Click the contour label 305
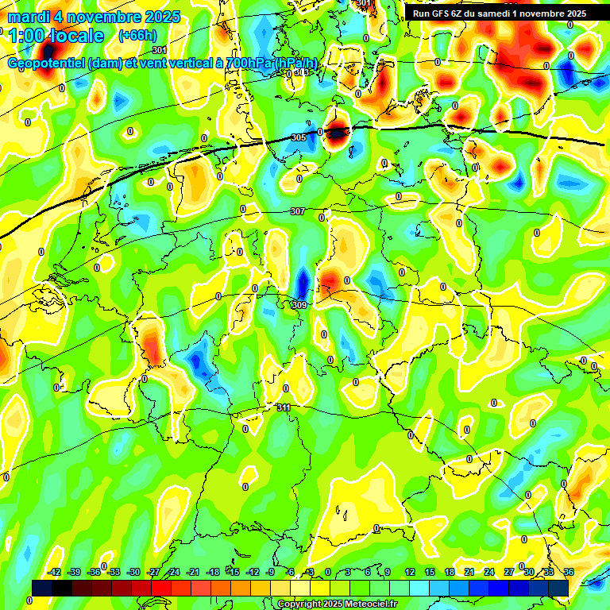tap(298, 137)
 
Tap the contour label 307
tap(297, 211)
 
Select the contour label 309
tap(299, 305)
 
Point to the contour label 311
tap(284, 407)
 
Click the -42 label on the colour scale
tap(55, 572)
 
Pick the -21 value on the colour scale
tap(193, 572)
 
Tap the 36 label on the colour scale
tap(569, 572)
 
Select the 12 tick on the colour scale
tap(409, 572)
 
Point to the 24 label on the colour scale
tap(488, 572)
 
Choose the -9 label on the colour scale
tap(271, 572)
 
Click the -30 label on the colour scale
tap(133, 572)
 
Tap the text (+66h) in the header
tap(137, 35)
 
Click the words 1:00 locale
tap(56, 36)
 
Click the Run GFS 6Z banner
tap(499, 13)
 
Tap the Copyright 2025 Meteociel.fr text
tap(336, 604)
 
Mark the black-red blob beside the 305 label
tap(337, 133)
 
